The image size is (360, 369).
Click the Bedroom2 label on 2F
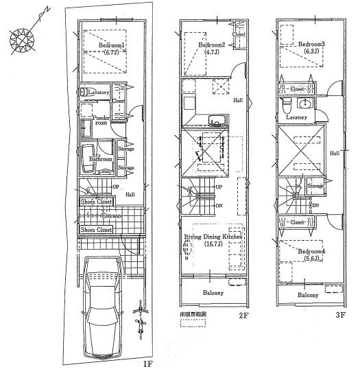pyautogui.click(x=211, y=45)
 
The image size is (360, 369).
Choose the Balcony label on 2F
pyautogui.click(x=213, y=293)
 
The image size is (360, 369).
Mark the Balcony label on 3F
pyautogui.click(x=308, y=296)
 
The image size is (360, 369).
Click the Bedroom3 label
pyautogui.click(x=311, y=44)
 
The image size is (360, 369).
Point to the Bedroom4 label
pyautogui.click(x=311, y=251)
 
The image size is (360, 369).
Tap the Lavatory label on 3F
pyautogui.click(x=296, y=117)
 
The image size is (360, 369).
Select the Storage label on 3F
pyautogui.click(x=315, y=185)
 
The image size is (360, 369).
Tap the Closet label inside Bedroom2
pyautogui.click(x=239, y=34)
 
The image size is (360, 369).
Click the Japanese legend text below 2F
pyautogui.click(x=193, y=316)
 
